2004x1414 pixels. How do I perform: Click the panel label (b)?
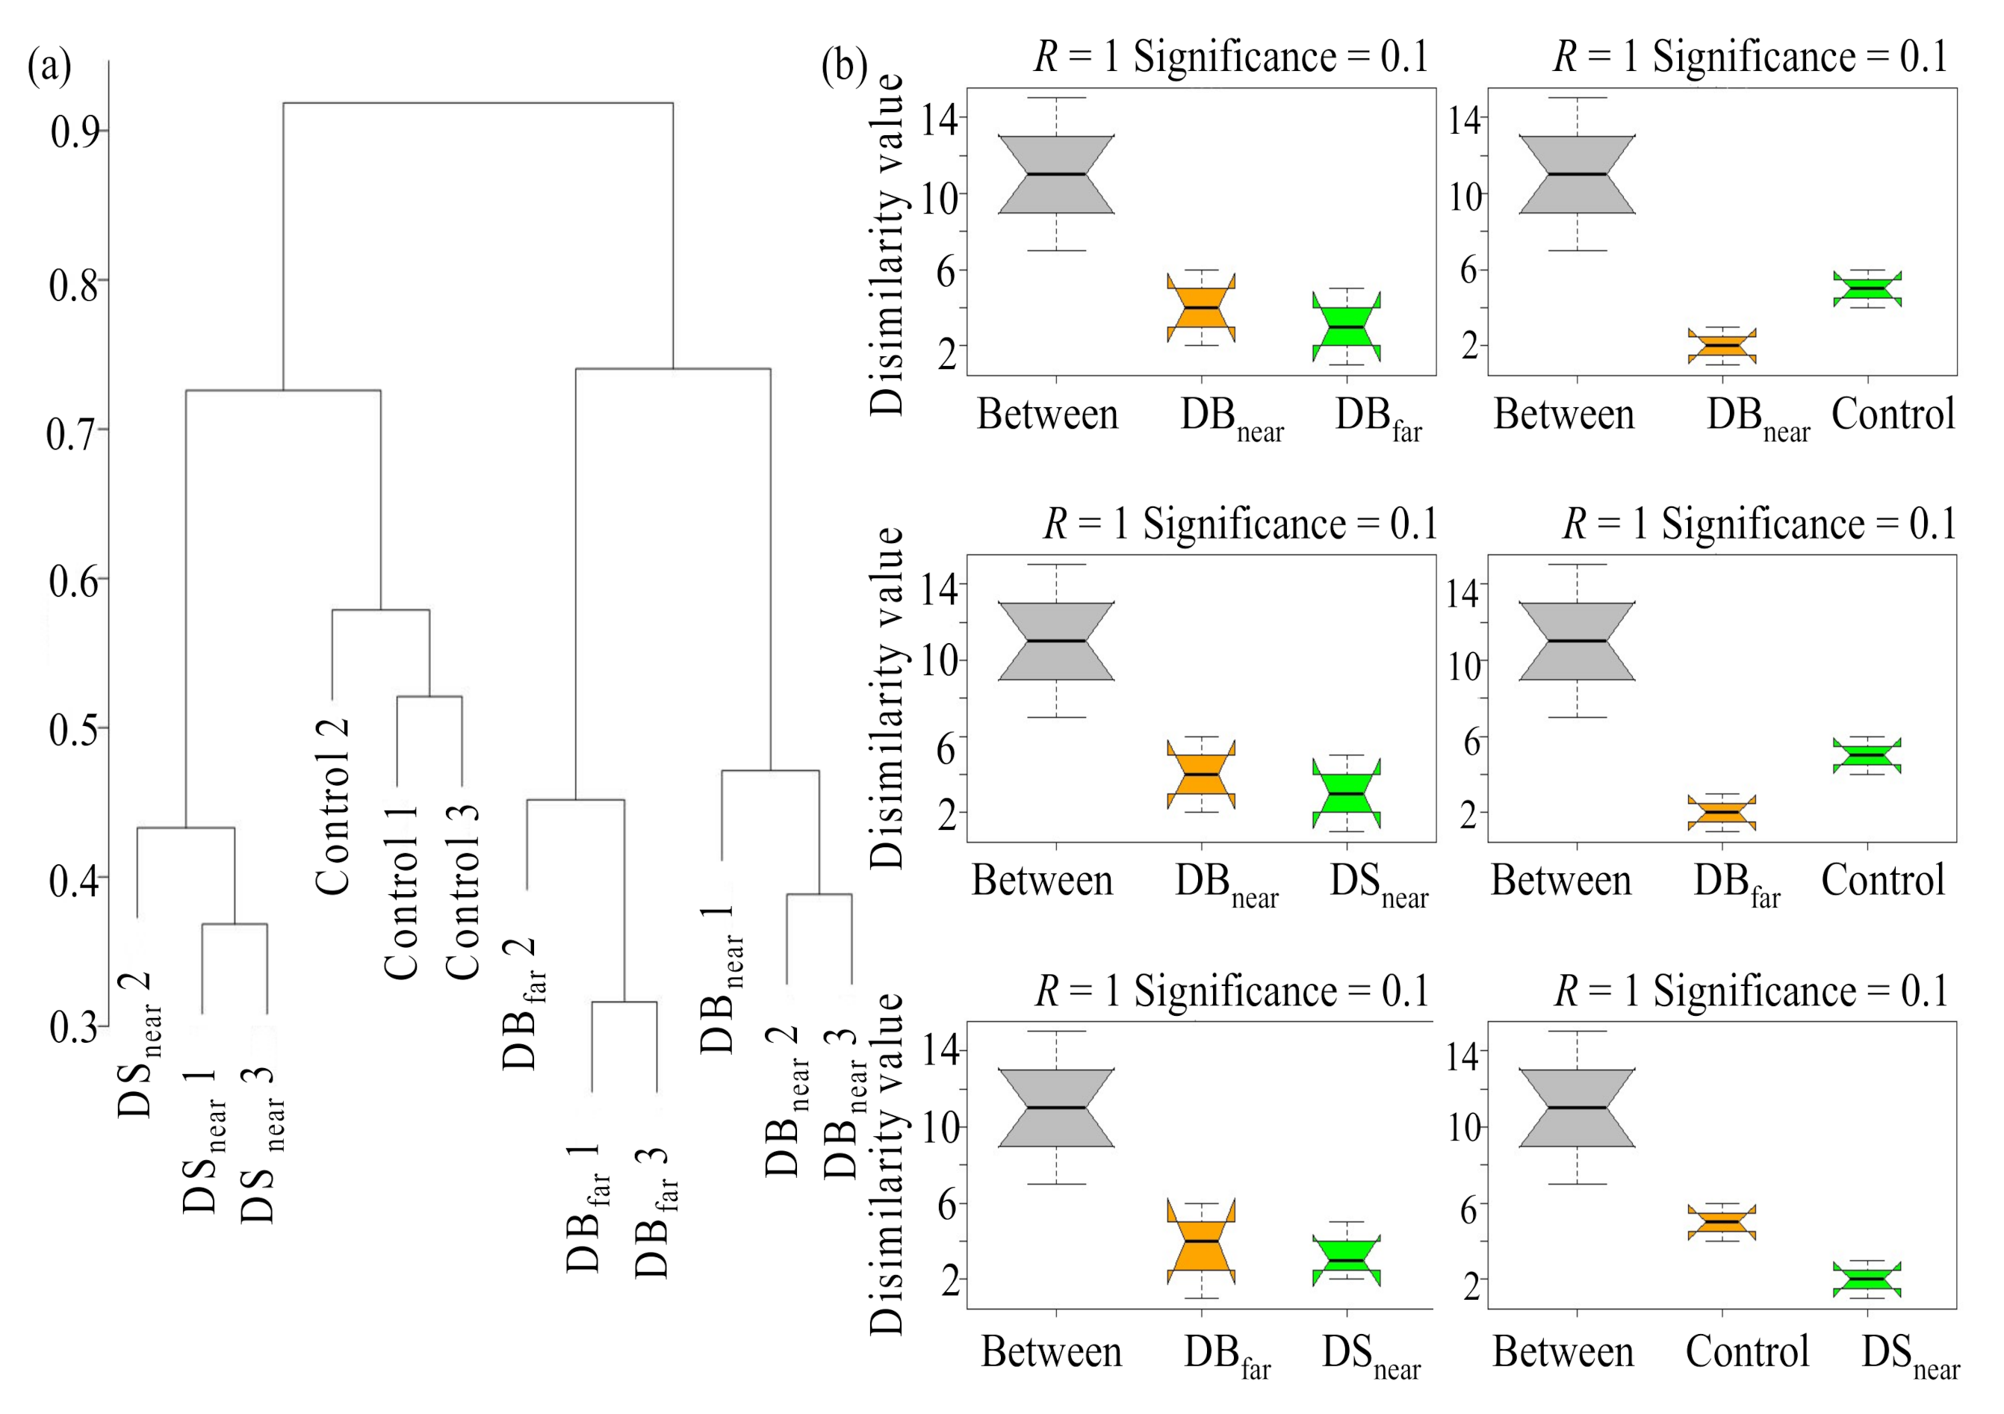pos(844,66)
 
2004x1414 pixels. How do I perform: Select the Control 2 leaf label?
pos(332,807)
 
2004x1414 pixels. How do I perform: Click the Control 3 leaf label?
pos(462,891)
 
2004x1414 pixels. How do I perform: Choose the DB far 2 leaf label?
pos(524,1004)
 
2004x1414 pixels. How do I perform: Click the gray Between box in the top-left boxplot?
pos(1056,175)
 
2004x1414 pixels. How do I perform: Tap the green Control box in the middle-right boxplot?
pos(1867,756)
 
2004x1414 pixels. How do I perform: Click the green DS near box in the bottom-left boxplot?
pos(1346,1260)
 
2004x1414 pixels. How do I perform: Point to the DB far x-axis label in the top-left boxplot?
pos(1378,418)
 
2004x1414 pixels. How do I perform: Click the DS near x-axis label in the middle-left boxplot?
pos(1378,884)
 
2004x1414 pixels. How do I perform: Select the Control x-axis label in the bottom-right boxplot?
pos(1747,1352)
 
